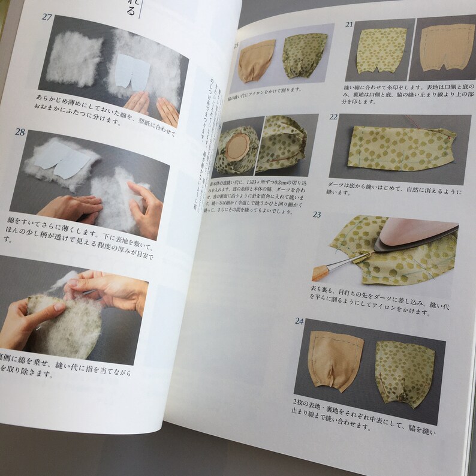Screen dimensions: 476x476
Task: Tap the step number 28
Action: (x=20, y=132)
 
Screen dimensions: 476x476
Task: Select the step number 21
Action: (x=349, y=25)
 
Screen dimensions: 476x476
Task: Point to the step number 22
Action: (x=334, y=118)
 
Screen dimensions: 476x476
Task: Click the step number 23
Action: (x=317, y=215)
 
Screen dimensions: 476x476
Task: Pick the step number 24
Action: (x=299, y=321)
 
